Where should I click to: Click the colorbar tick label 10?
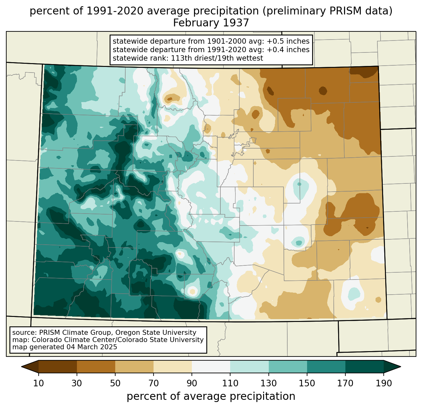38,383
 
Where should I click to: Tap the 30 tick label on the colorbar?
77,383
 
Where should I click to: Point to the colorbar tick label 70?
154,383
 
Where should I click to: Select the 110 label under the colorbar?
230,383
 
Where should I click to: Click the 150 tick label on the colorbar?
307,383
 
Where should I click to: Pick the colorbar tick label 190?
384,383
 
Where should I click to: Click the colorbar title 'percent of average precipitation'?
211,396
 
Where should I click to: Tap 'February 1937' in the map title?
211,23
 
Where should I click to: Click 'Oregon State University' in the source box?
156,333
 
